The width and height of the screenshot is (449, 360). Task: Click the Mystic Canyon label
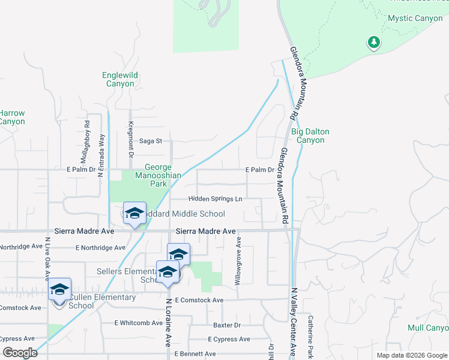(x=415, y=18)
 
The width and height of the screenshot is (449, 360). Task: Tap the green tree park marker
(x=374, y=42)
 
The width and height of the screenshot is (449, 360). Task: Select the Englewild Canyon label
(x=120, y=79)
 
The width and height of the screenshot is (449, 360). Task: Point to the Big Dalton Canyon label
(x=310, y=136)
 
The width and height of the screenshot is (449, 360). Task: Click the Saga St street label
(x=151, y=142)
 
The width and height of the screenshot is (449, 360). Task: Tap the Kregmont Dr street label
(x=130, y=137)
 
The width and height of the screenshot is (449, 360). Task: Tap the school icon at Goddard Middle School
(x=135, y=214)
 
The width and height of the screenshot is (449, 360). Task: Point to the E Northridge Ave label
(x=101, y=247)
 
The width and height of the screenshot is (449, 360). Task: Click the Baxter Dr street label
(x=227, y=325)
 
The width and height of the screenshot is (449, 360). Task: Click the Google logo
(x=19, y=353)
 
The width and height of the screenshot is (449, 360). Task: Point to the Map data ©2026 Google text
(x=411, y=355)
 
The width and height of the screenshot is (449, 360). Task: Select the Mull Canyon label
(x=428, y=328)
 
